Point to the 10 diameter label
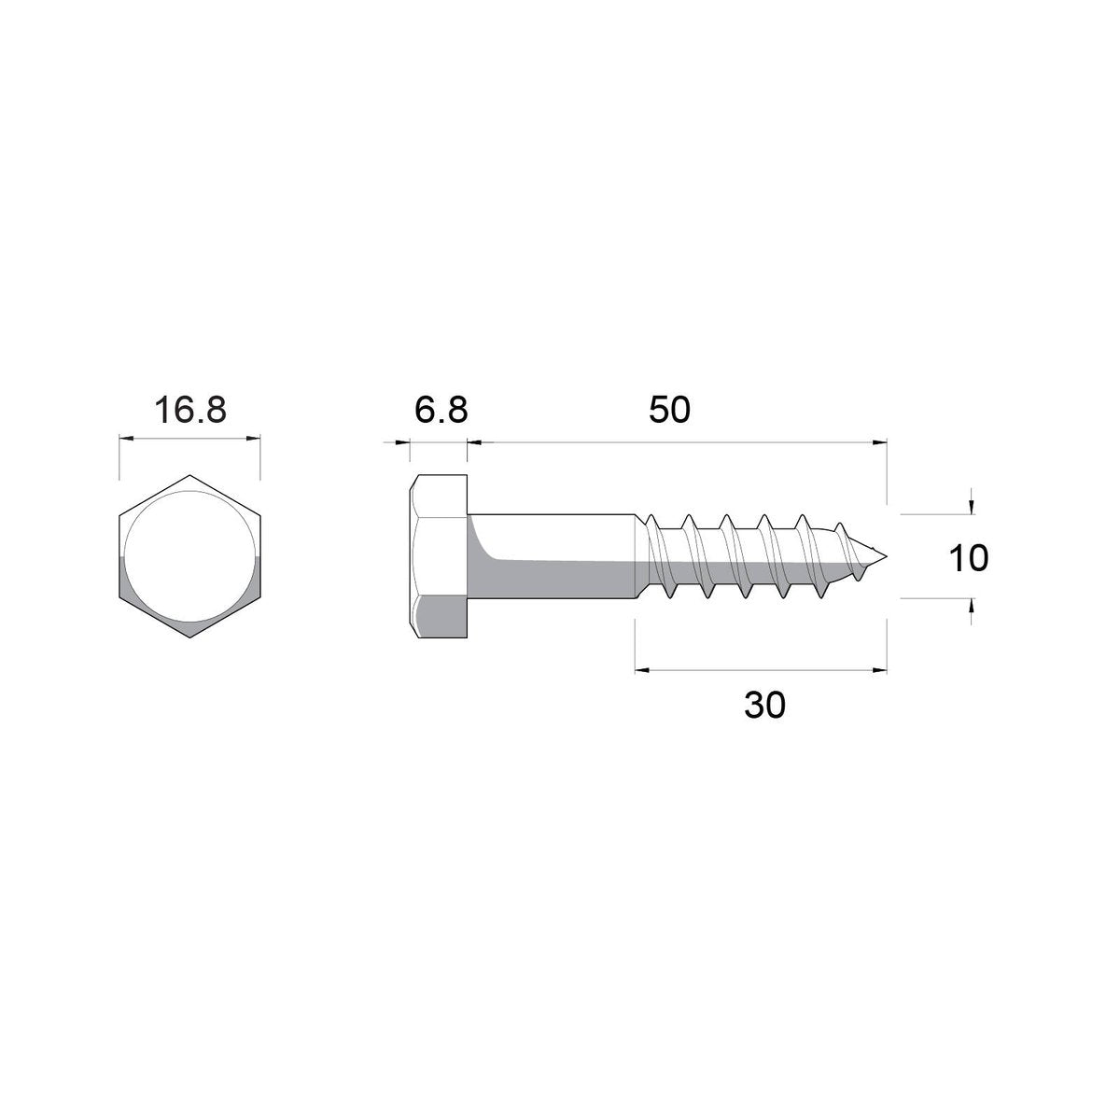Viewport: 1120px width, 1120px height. click(x=968, y=558)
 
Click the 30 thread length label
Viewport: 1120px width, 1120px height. click(x=764, y=706)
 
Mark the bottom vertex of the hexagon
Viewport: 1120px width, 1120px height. click(x=189, y=638)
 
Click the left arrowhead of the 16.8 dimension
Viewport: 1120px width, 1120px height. click(x=125, y=439)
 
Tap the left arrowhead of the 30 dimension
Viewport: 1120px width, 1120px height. click(x=641, y=669)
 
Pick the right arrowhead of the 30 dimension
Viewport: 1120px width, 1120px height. click(x=880, y=669)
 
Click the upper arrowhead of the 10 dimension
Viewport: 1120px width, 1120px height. click(x=973, y=507)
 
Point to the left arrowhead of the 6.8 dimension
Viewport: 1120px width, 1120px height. click(x=403, y=443)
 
